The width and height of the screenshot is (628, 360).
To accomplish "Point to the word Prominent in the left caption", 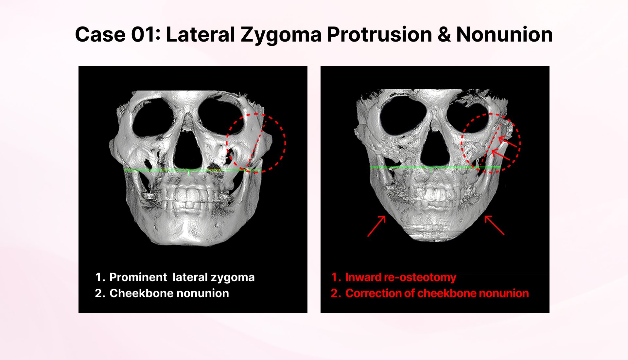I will tap(138, 277).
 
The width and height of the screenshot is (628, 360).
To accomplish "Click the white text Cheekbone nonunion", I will tap(169, 293).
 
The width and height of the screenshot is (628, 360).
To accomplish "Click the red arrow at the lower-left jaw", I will tap(376, 225).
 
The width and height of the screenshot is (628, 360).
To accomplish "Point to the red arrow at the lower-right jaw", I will tap(494, 225).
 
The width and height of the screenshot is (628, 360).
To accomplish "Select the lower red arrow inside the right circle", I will tap(501, 155).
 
